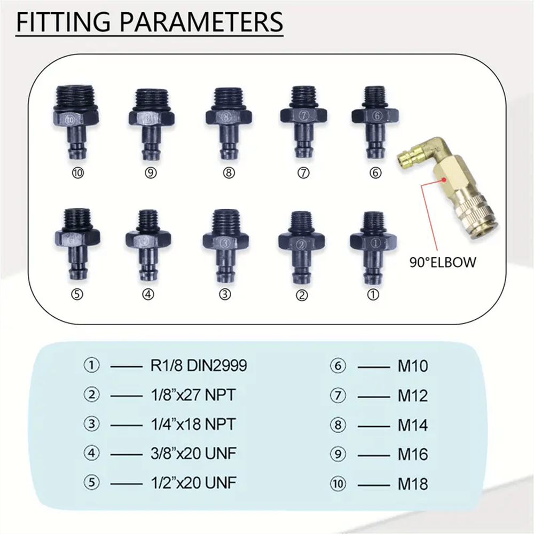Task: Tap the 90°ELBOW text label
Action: pyautogui.click(x=443, y=262)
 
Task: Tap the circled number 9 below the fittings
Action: pyautogui.click(x=151, y=173)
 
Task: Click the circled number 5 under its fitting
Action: pyautogui.click(x=77, y=294)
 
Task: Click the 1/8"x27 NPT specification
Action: pyautogui.click(x=190, y=395)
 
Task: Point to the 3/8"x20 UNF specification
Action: pyautogui.click(x=190, y=454)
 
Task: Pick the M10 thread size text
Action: pyautogui.click(x=413, y=366)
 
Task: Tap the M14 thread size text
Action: pyautogui.click(x=413, y=426)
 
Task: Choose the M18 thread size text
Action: pyautogui.click(x=413, y=484)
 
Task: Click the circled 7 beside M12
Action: pyautogui.click(x=338, y=396)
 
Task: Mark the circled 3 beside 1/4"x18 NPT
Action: pyautogui.click(x=91, y=425)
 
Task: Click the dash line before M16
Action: pyautogui.click(x=373, y=456)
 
